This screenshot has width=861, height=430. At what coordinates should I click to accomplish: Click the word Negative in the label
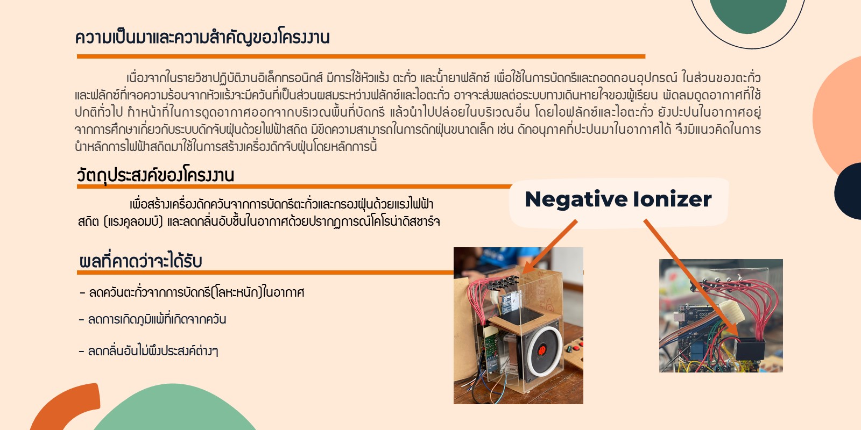click(576, 199)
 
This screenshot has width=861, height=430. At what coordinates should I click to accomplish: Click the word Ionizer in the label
click(673, 199)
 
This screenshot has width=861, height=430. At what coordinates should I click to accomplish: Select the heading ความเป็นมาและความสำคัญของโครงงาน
click(202, 37)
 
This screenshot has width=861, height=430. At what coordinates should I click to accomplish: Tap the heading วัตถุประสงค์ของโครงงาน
click(156, 175)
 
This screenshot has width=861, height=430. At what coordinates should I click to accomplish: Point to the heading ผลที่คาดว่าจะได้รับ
click(140, 261)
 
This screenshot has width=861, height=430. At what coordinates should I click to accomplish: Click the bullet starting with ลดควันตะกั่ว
click(192, 292)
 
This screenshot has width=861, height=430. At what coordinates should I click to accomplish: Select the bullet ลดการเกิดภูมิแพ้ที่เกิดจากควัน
click(152, 319)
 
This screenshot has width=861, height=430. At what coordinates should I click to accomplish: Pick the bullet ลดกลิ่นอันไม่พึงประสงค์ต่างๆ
click(149, 350)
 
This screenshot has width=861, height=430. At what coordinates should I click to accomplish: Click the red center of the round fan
click(542, 350)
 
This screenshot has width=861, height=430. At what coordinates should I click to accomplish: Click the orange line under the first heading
click(361, 56)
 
